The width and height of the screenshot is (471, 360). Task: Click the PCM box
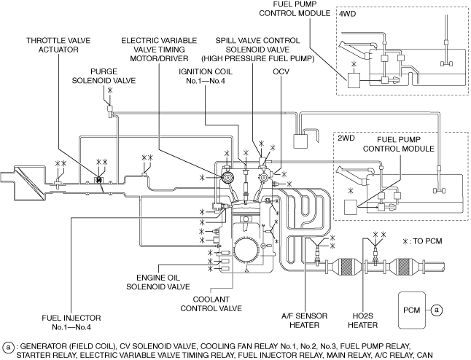tap(412, 310)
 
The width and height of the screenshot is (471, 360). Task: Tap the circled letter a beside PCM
tap(437, 310)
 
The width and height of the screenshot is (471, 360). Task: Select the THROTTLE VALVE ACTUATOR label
tap(58, 45)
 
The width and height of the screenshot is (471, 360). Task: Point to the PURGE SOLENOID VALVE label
tap(104, 76)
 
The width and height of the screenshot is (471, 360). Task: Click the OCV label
tap(281, 71)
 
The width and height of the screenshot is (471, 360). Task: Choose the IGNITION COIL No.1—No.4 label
tap(206, 77)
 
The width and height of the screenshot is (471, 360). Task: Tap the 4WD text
tap(348, 14)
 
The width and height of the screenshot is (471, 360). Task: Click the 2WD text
tap(346, 138)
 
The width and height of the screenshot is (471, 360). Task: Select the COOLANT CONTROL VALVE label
tap(211, 304)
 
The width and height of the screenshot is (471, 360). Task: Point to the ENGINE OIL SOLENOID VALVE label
tap(158, 282)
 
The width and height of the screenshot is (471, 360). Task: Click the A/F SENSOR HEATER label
tap(304, 321)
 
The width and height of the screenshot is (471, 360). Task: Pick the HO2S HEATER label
tap(363, 321)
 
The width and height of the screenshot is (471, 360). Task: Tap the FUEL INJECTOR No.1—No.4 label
tap(71, 322)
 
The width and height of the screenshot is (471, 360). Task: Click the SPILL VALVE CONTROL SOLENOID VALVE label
tap(257, 50)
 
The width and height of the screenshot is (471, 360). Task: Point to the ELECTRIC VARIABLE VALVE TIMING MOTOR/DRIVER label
tap(159, 50)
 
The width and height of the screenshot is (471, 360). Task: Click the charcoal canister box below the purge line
tap(300, 141)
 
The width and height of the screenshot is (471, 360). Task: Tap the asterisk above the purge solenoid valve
tap(110, 90)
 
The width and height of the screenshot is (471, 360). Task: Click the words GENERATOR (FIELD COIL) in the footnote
tap(68, 347)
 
